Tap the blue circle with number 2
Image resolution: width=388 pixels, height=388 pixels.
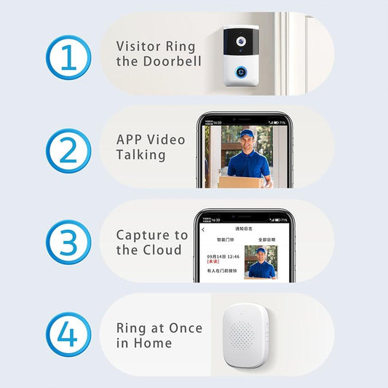point(68,150)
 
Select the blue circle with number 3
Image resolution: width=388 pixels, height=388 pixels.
point(68,243)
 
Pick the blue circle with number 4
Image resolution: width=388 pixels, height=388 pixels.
point(68,336)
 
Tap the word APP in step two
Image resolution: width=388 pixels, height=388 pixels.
point(130,139)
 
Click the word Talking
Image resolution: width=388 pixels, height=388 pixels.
point(141,155)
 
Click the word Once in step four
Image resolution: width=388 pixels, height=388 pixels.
point(185,328)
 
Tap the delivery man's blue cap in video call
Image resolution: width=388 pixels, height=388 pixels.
point(247,133)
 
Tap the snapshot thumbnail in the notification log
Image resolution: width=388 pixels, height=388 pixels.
point(260,264)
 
